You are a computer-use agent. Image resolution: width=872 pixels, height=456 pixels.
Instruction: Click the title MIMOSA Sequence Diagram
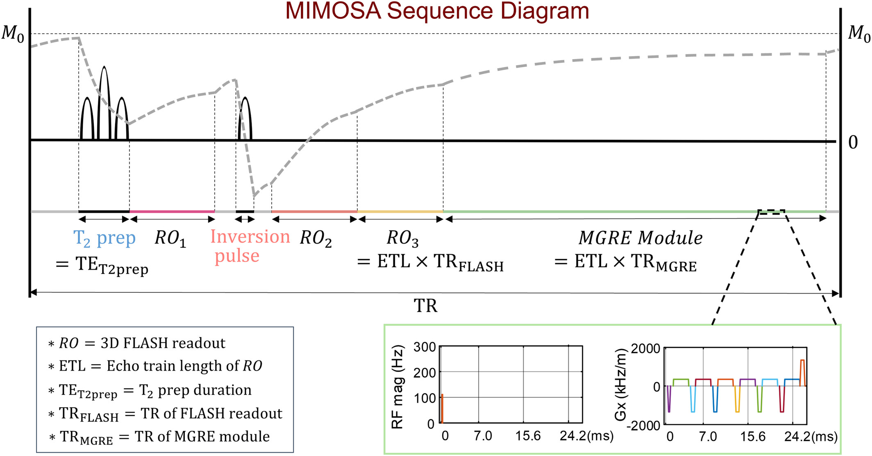point(437,11)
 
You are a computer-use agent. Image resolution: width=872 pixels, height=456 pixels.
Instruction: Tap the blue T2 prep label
point(104,238)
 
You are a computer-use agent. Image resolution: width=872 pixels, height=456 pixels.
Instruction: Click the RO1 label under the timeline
point(170,238)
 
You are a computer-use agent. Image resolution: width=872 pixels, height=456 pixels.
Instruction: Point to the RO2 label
point(316,238)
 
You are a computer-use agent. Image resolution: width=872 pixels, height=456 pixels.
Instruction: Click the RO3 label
point(402,238)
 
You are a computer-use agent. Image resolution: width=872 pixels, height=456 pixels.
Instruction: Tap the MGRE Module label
point(640,238)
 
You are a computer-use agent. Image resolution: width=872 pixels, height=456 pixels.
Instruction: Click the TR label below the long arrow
point(425,306)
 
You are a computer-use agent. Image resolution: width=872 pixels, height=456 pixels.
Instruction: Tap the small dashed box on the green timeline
point(771,212)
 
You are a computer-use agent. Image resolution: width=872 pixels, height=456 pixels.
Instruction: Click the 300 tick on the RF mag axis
point(424,347)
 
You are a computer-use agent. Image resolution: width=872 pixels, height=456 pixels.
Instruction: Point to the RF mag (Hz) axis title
point(397,387)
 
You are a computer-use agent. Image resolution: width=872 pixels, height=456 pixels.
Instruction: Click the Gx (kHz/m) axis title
point(621,385)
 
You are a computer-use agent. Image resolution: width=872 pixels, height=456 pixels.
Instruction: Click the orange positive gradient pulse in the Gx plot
point(802,371)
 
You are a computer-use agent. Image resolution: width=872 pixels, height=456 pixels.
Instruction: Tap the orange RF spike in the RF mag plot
point(442,408)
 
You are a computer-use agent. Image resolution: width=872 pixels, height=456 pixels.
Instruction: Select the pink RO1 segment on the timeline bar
point(172,212)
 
